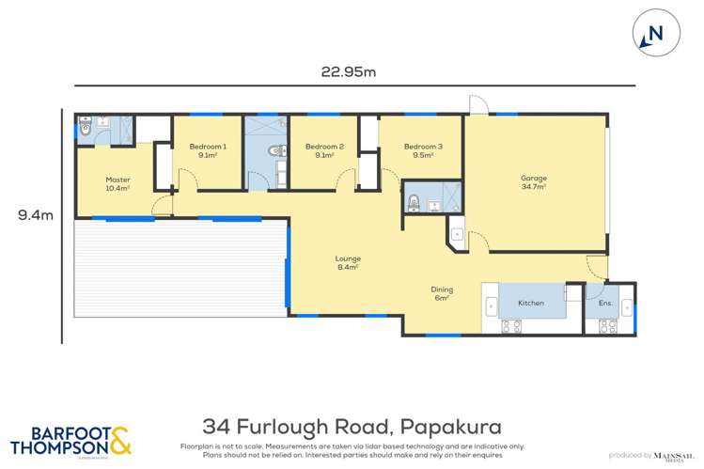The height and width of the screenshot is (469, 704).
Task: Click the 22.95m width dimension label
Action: [338, 70]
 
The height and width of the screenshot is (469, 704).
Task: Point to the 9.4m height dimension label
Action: [34, 215]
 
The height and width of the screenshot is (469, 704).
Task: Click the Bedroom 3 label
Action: [423, 150]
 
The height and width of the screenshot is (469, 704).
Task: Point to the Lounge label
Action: [349, 262]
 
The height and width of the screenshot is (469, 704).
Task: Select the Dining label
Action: [442, 293]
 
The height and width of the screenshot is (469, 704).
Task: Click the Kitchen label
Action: [531, 304]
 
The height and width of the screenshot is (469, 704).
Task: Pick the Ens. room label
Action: [605, 304]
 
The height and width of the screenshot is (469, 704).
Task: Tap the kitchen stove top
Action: [512, 326]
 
